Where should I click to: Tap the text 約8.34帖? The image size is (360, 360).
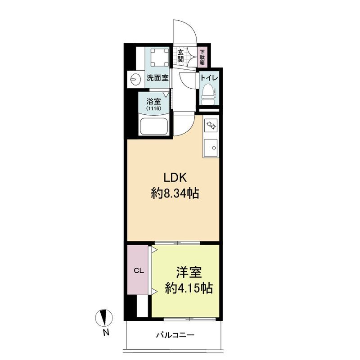pyautogui.click(x=175, y=193)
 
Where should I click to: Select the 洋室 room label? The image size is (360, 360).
pyautogui.click(x=189, y=272)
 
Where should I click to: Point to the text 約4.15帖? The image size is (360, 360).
pyautogui.click(x=189, y=288)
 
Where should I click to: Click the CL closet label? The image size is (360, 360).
pyautogui.click(x=139, y=271)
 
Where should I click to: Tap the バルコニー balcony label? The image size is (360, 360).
pyautogui.click(x=175, y=335)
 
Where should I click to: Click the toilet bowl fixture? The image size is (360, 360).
pyautogui.click(x=207, y=94)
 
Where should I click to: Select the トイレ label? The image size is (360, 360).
pyautogui.click(x=209, y=77)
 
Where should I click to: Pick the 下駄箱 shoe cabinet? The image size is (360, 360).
pyautogui.click(x=202, y=58)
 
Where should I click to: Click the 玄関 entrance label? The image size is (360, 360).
pyautogui.click(x=180, y=56)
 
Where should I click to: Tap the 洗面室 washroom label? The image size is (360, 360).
pyautogui.click(x=157, y=78)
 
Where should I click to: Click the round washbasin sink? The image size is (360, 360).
pyautogui.click(x=135, y=79)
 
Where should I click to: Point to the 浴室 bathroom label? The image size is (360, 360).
pyautogui.click(x=153, y=101)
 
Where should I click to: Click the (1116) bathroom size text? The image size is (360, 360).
pyautogui.click(x=153, y=108)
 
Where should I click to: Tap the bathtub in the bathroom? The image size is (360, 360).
pyautogui.click(x=153, y=126)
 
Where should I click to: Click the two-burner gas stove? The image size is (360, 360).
pyautogui.click(x=211, y=125)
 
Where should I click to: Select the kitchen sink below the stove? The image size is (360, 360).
pyautogui.click(x=211, y=148)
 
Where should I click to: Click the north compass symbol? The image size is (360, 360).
pyautogui.click(x=104, y=318)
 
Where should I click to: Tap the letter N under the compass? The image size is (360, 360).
pyautogui.click(x=106, y=333)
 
